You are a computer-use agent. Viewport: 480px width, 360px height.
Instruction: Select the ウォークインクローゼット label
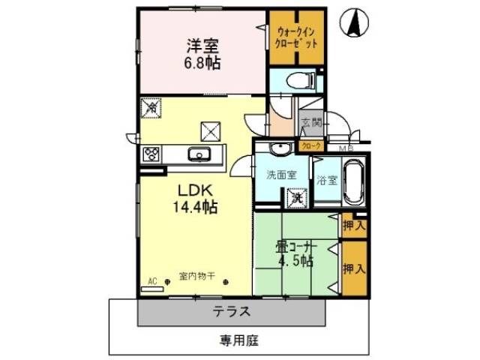298,37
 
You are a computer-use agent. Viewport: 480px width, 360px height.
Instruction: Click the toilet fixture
297,79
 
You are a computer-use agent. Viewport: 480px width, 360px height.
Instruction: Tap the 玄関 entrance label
312,121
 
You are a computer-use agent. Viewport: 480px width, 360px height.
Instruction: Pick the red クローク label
311,145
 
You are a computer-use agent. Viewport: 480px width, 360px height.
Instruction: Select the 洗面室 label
281,175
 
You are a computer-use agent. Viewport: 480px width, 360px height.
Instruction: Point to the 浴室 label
326,179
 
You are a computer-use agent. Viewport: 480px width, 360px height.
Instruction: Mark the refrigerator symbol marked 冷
151,107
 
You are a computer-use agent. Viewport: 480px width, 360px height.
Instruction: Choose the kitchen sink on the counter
200,155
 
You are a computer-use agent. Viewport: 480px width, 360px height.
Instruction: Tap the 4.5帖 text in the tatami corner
295,260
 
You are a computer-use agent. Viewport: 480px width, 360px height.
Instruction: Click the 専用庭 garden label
239,340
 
